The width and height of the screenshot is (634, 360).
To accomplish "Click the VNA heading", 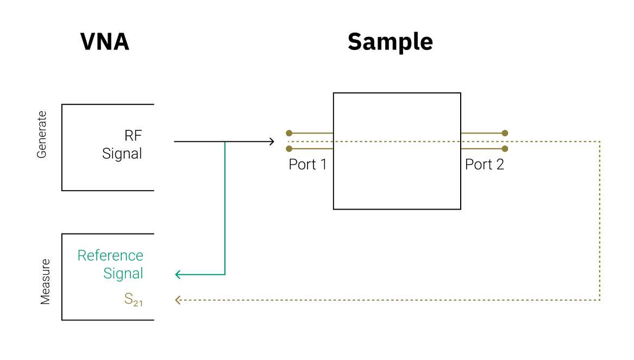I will point(105,42).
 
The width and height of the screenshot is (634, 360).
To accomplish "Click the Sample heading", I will point(390,42).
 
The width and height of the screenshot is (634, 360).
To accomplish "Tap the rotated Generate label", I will point(42,135).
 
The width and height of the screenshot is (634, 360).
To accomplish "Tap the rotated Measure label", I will point(45,282).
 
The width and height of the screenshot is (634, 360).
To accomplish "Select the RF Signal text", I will point(123,144).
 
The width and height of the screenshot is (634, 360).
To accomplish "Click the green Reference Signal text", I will point(111,264).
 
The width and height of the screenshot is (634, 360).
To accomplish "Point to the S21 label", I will point(133,299).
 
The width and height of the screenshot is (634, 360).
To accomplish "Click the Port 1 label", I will point(307,165).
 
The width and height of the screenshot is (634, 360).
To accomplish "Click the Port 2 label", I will point(485,165).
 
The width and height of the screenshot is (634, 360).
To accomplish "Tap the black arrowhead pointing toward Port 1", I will point(271,142).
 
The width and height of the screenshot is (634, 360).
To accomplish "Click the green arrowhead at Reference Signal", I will point(178,275).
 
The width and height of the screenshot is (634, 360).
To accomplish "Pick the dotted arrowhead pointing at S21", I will point(178,300).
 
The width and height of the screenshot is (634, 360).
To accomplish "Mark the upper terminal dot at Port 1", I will point(289,133).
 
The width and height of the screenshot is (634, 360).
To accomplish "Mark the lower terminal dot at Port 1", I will point(289,149).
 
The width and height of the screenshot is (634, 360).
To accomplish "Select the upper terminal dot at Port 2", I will point(505,133).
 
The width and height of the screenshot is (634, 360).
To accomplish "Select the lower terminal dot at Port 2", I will point(505,149).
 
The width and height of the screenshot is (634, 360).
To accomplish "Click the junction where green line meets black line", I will point(225,142).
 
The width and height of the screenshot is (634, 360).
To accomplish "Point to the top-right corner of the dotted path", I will point(600,142).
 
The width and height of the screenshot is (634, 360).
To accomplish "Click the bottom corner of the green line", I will point(225,275).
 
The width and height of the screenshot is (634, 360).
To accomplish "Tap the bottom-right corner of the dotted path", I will point(600,300).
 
